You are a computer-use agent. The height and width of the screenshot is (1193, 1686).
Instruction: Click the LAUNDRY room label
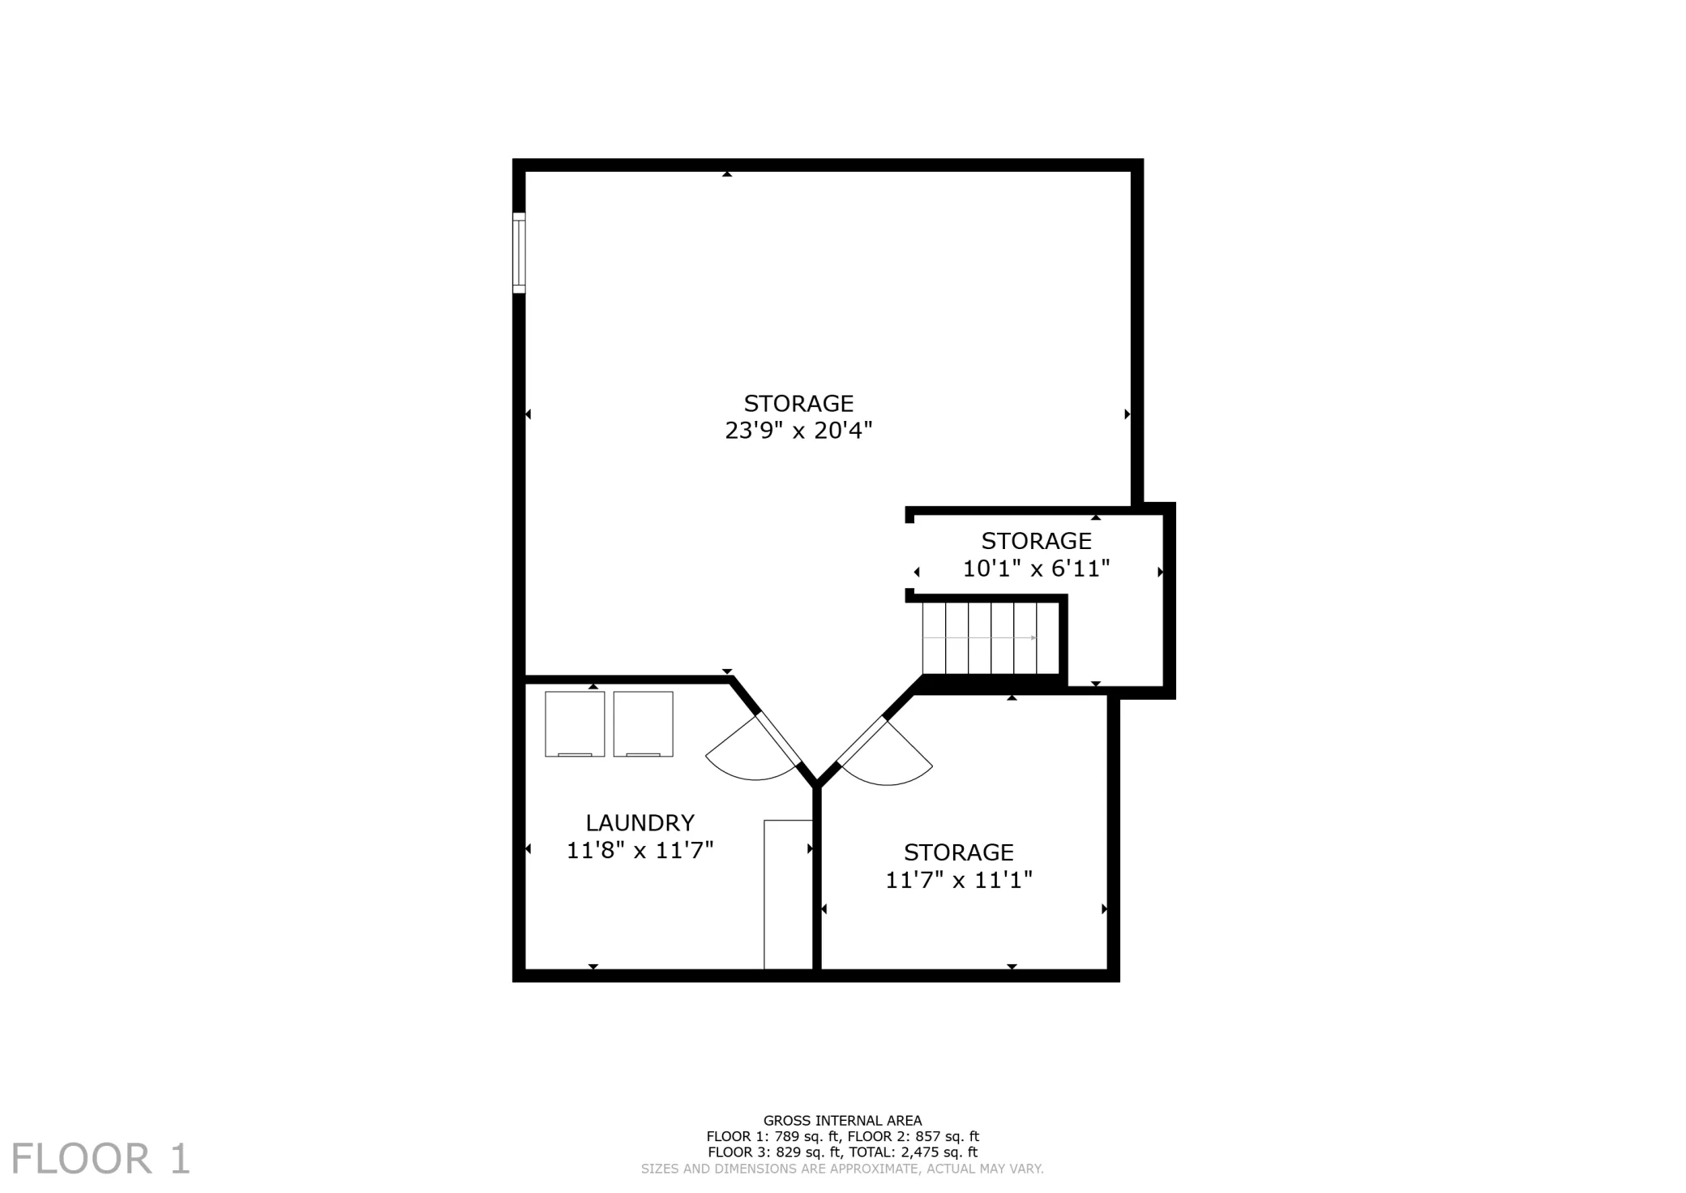(x=640, y=823)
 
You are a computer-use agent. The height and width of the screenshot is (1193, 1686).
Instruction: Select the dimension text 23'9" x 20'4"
(x=798, y=430)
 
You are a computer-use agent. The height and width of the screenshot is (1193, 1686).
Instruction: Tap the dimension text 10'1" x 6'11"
(x=1036, y=569)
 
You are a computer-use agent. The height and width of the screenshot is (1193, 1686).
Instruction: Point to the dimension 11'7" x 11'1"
(x=959, y=880)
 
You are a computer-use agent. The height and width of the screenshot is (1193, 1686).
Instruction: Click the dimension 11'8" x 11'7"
(x=640, y=851)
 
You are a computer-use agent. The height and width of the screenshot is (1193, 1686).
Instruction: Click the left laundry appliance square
(x=575, y=724)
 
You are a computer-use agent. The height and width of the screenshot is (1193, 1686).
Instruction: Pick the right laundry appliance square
(x=643, y=724)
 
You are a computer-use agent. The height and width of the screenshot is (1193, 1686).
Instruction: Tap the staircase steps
(x=991, y=638)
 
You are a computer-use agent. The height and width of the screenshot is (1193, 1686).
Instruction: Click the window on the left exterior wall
(x=519, y=253)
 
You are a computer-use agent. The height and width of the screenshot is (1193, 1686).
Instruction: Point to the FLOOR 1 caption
(x=101, y=1159)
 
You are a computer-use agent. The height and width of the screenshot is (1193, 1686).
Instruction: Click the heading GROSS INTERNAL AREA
(x=842, y=1121)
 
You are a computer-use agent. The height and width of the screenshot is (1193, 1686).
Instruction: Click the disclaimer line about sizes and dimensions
(x=842, y=1169)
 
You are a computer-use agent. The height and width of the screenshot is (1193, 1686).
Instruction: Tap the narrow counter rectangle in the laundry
(x=789, y=895)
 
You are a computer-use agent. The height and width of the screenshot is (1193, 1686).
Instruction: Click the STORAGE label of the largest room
(x=798, y=403)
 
